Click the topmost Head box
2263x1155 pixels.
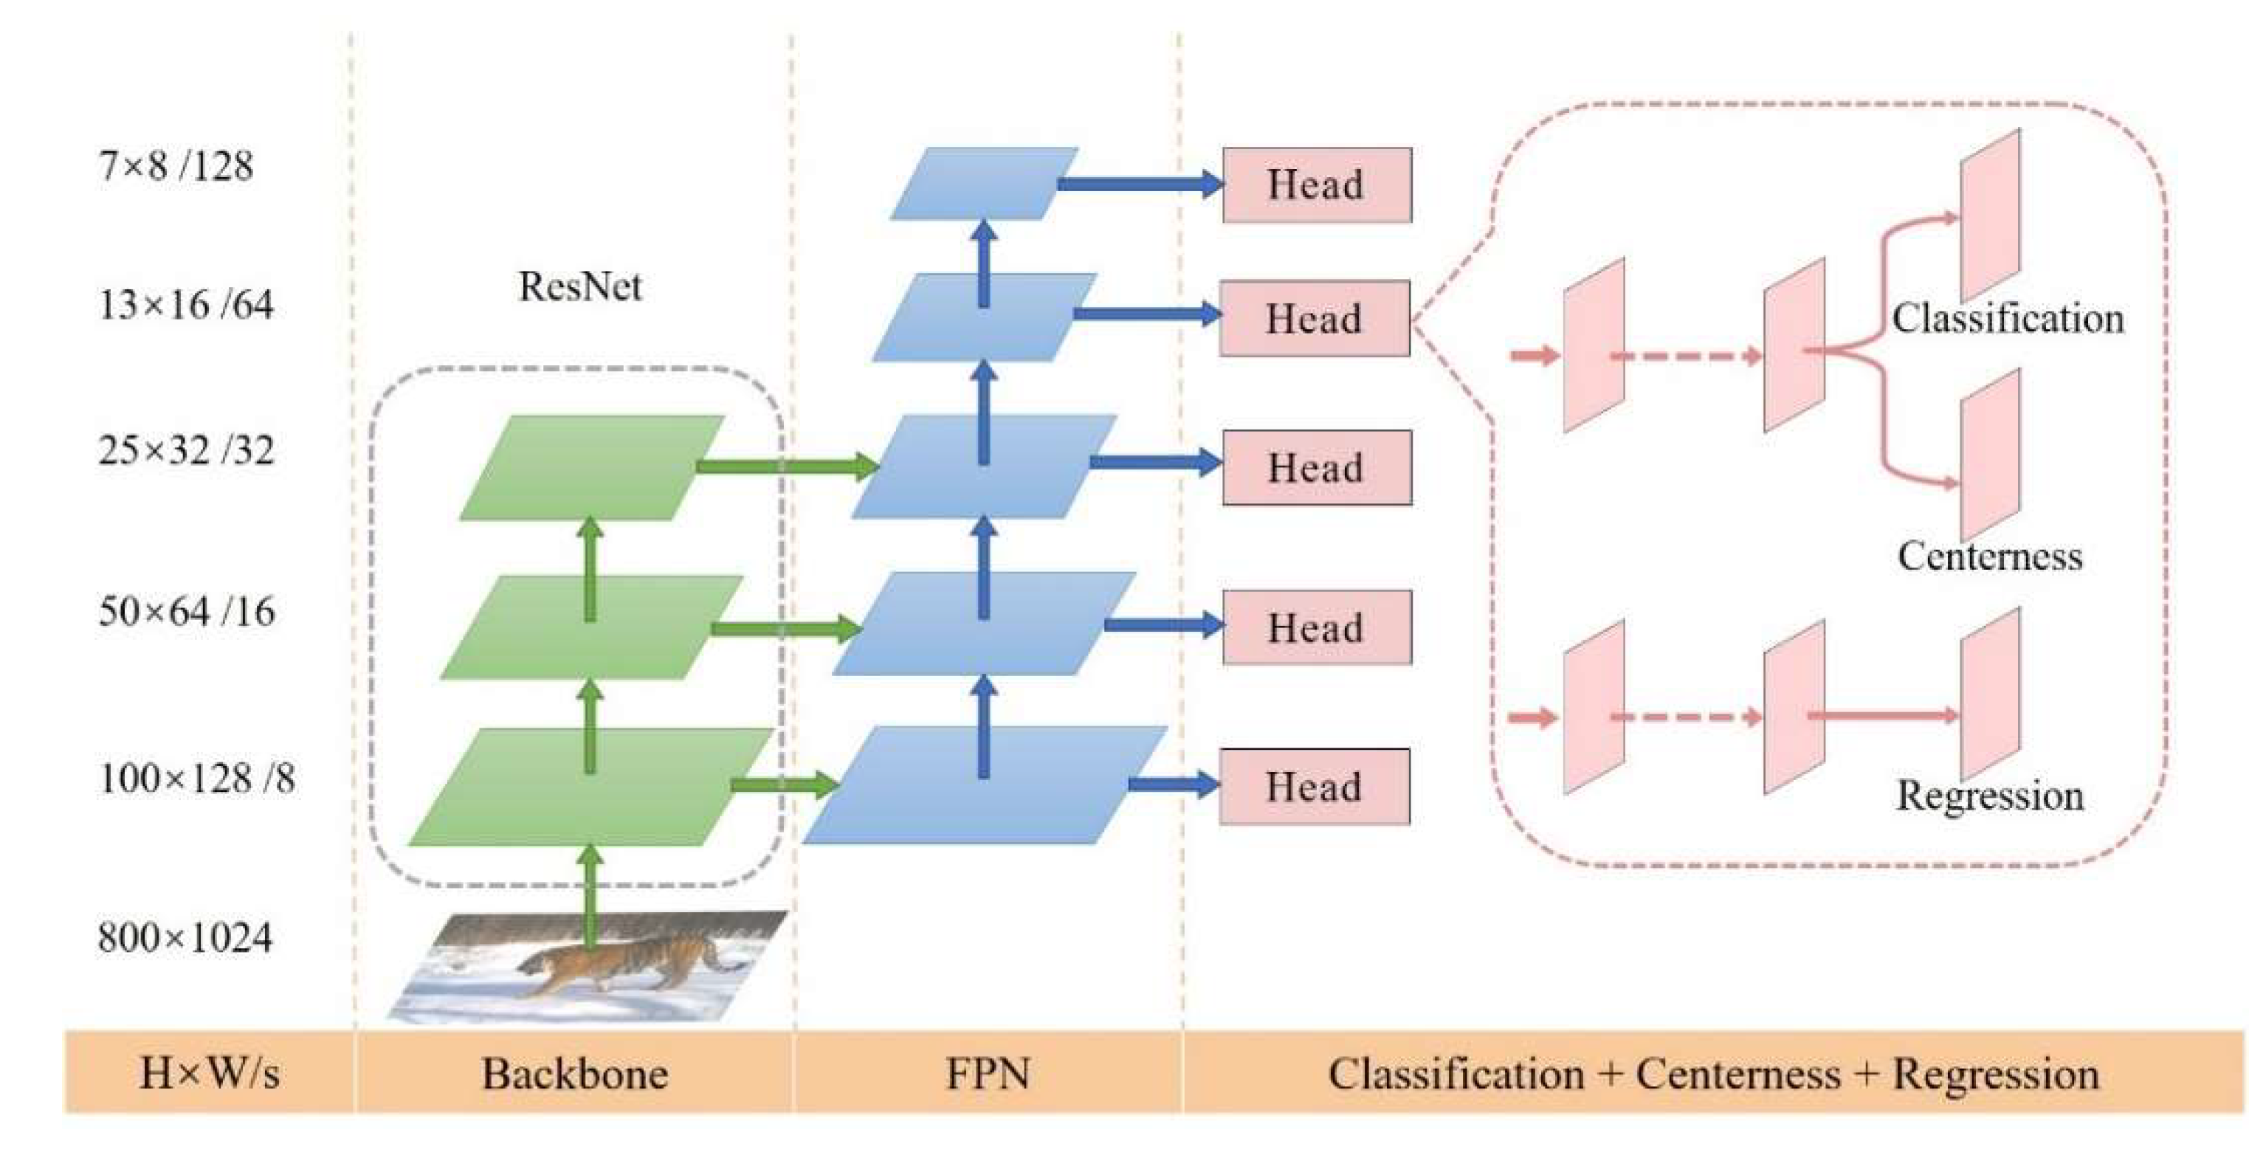1317,185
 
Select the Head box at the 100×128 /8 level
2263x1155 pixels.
1315,786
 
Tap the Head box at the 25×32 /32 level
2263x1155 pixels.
1317,467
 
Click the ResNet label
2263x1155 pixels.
580,286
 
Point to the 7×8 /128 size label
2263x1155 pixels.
176,165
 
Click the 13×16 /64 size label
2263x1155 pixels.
185,305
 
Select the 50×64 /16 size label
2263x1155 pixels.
186,610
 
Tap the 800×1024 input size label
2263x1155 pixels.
185,937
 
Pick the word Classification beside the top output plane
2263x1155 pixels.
2008,318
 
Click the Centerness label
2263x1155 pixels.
1990,556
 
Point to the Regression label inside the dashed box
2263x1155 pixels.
1990,796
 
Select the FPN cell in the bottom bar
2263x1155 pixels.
988,1073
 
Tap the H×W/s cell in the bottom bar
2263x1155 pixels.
209,1073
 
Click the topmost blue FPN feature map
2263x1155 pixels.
984,183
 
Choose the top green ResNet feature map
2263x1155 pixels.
592,467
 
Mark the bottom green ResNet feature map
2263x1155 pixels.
590,786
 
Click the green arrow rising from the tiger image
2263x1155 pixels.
590,896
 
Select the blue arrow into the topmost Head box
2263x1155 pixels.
1140,184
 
